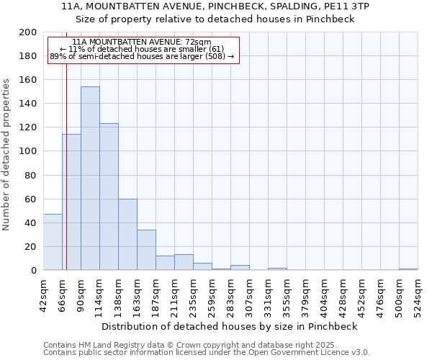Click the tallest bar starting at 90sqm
tap(90, 179)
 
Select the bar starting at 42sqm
tap(53, 242)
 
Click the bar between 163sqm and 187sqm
tap(146, 250)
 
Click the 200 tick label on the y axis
tap(28, 32)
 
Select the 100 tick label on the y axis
tap(28, 151)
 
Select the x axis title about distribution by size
tap(230, 326)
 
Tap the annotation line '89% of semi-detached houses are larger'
tap(142, 56)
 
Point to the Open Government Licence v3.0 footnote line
tap(207, 353)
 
